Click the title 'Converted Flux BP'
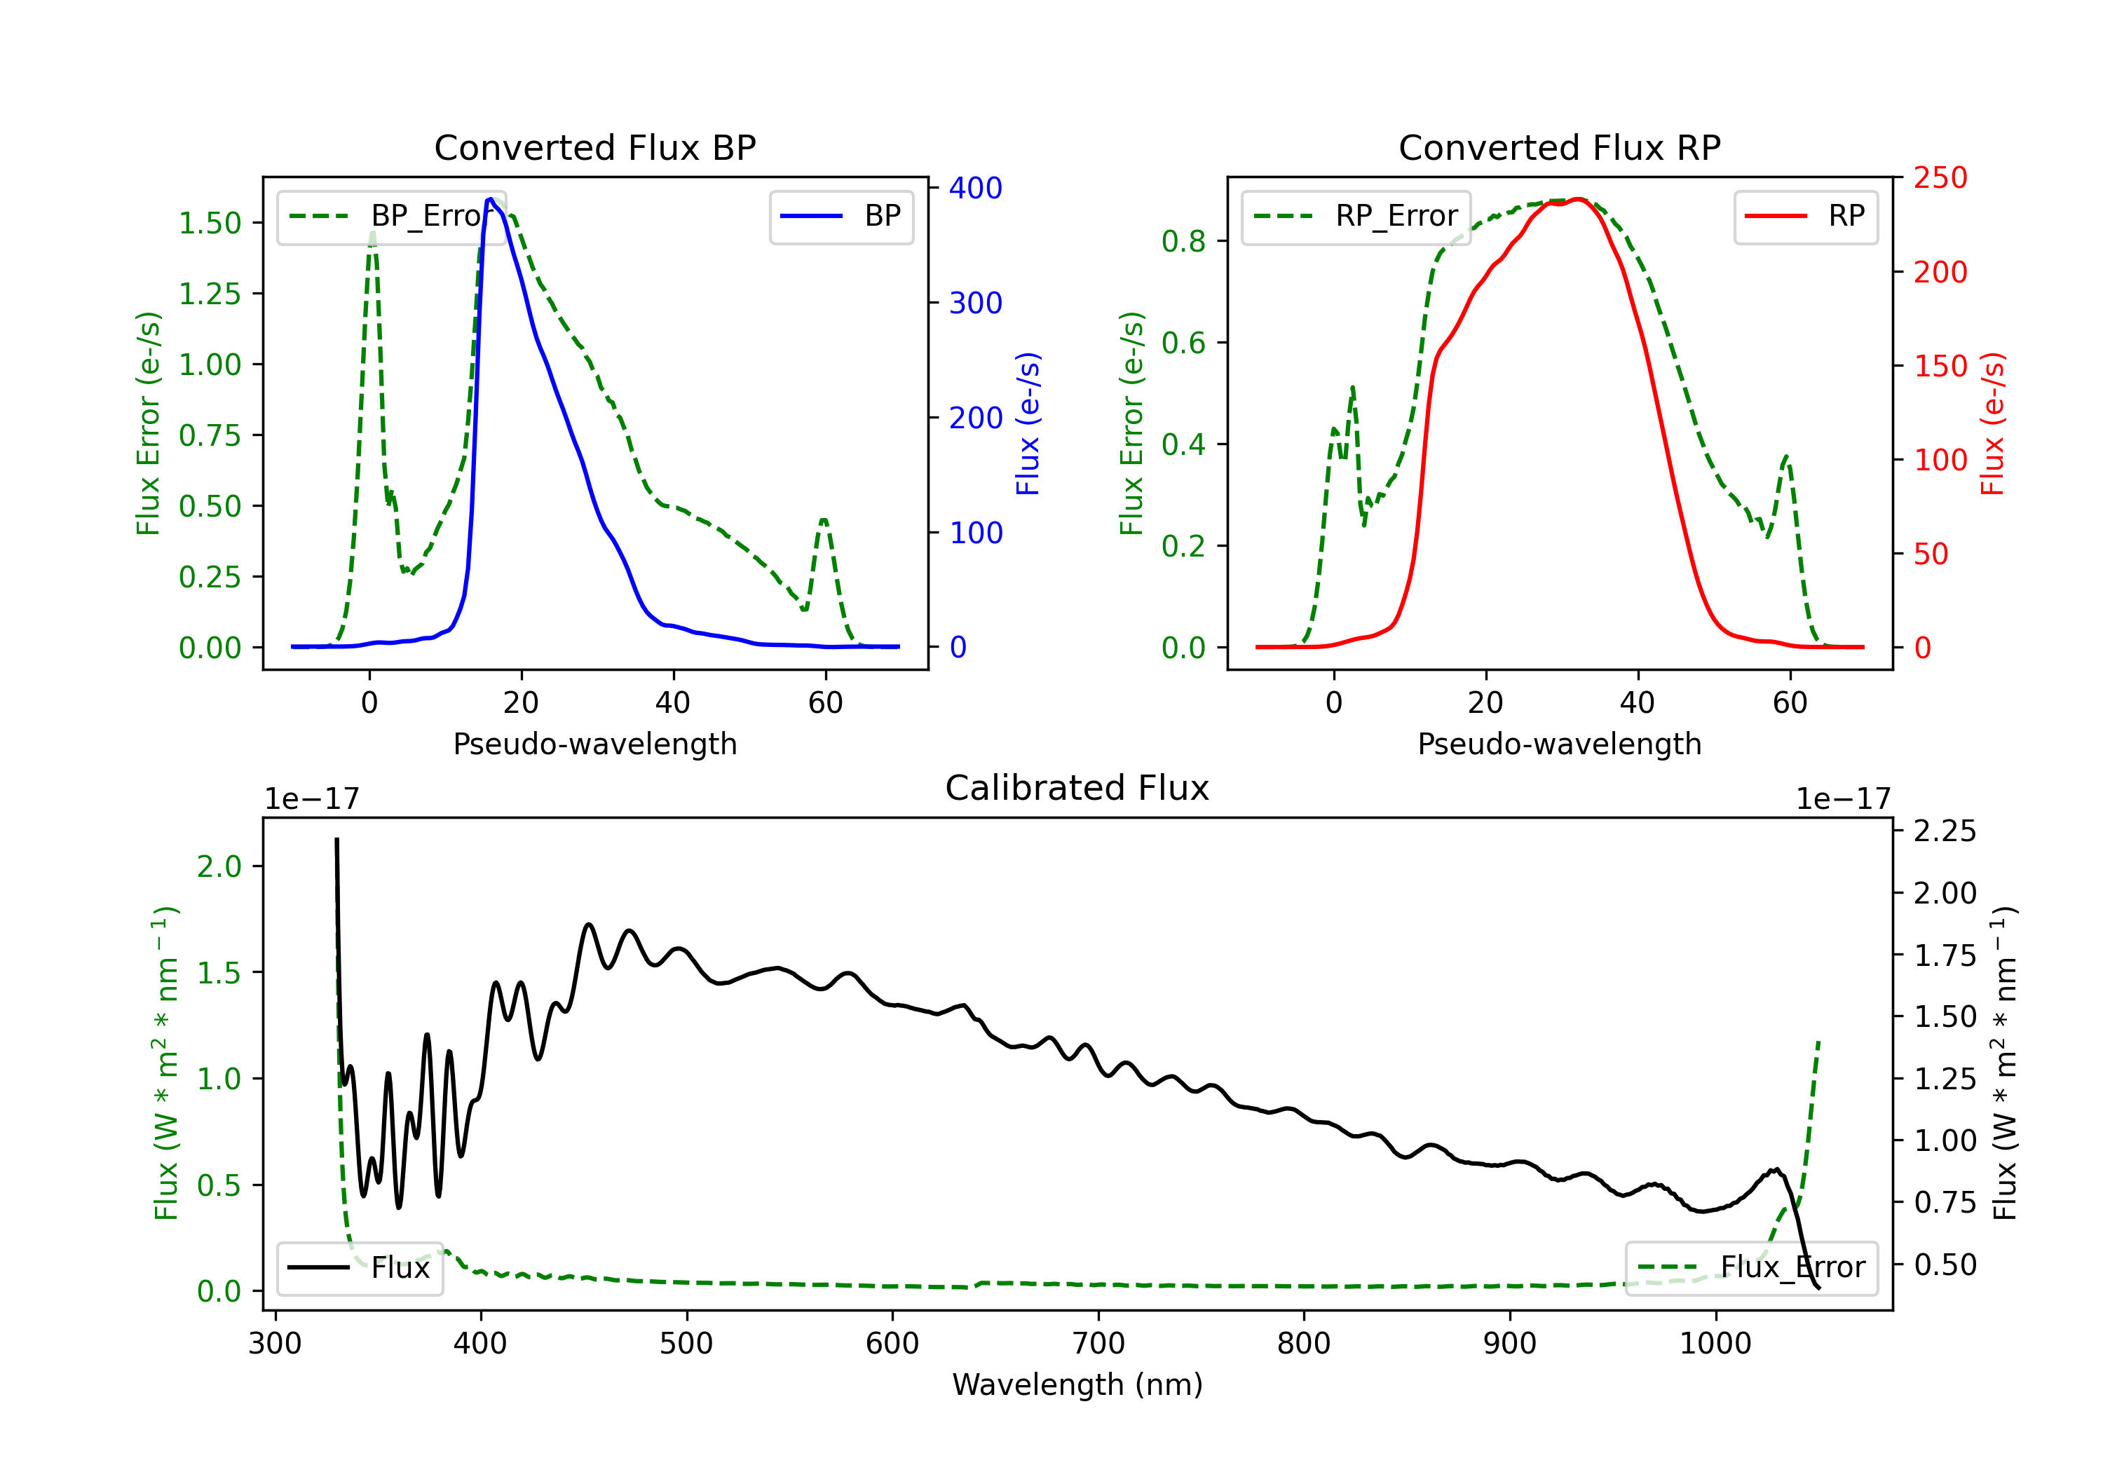coord(594,147)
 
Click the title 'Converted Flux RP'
coord(1559,147)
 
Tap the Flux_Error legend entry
coord(1750,1268)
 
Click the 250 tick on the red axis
coord(1940,178)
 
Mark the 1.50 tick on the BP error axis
coord(210,223)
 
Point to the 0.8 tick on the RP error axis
coord(1183,241)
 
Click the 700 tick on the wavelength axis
coord(1097,1344)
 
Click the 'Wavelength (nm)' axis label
coord(1077,1384)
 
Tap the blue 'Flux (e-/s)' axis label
coord(1028,423)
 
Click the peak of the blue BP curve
coord(491,199)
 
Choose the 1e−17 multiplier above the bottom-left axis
coord(311,799)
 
